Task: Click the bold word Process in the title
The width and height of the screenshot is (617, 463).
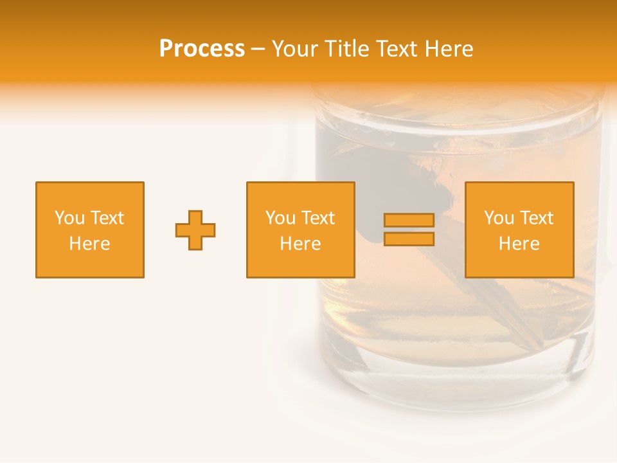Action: tap(202, 49)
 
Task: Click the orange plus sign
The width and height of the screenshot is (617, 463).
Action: tap(195, 230)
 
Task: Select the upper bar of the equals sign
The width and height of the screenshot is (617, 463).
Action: tap(409, 220)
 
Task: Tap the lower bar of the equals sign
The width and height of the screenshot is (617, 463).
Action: tap(409, 239)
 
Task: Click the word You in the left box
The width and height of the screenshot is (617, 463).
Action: tap(69, 218)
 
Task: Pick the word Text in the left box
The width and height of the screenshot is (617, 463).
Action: tap(107, 218)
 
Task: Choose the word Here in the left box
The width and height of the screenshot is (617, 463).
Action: tap(89, 244)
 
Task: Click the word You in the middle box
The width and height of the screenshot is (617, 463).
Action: tap(280, 218)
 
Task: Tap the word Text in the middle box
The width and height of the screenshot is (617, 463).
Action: tap(317, 218)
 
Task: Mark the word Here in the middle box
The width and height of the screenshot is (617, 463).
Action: tap(300, 244)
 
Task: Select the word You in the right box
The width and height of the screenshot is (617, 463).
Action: tap(499, 218)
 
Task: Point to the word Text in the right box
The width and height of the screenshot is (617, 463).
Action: tap(536, 218)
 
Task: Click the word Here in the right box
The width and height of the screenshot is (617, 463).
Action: tap(519, 244)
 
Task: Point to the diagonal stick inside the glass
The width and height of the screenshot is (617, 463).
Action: tap(501, 315)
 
